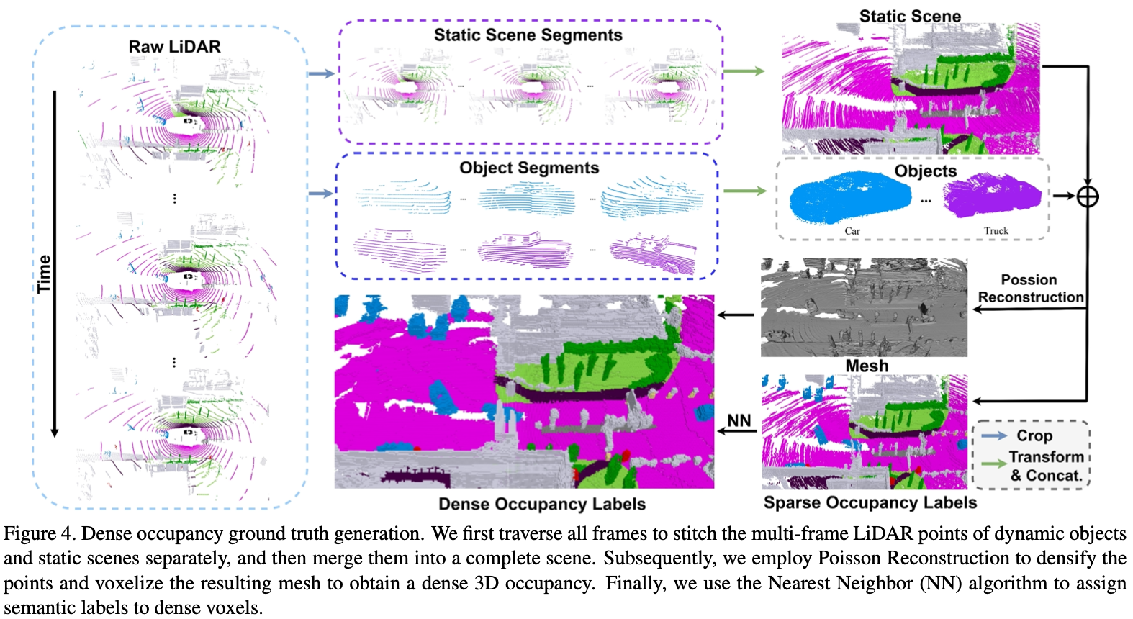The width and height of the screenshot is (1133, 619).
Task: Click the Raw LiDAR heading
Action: (174, 47)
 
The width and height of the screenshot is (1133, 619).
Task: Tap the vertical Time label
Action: (45, 274)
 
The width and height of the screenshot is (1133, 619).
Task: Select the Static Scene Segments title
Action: (528, 35)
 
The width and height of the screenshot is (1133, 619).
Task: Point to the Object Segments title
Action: (529, 168)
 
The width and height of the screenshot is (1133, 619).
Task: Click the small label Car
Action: (852, 231)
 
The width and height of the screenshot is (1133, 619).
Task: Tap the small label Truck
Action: (996, 231)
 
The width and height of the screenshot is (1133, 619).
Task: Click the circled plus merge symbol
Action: (1087, 196)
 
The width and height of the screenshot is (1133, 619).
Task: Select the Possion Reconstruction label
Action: (1030, 289)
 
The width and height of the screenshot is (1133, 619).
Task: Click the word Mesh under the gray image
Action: (867, 366)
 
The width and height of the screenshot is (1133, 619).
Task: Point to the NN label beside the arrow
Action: (739, 420)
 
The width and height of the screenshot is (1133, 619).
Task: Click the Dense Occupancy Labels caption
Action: (542, 504)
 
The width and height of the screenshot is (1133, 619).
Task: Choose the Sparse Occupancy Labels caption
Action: (870, 502)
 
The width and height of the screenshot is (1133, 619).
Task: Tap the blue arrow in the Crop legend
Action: (994, 435)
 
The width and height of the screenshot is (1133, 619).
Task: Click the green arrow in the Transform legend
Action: (994, 464)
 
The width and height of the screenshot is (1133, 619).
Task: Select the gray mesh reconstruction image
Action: (864, 308)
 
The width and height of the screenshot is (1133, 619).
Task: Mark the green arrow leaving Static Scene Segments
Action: (744, 71)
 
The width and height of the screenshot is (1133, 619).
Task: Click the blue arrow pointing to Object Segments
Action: (321, 193)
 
